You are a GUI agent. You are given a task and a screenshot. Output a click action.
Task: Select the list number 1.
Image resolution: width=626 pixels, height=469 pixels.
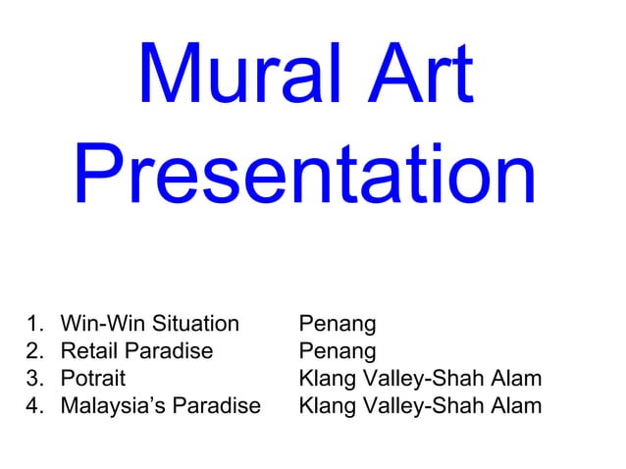coord(35,324)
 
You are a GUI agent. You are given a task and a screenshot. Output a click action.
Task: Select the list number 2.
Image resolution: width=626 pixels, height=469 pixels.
coord(35,351)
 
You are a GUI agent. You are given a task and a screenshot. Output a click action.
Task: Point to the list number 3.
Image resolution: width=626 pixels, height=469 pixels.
coord(35,378)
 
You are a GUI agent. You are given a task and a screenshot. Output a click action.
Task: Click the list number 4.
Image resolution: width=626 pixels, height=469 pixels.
coord(35,405)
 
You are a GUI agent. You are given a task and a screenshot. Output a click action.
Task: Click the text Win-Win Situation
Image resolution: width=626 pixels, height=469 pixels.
coord(149,324)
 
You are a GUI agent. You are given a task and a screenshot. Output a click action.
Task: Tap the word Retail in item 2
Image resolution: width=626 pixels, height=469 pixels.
coord(86,351)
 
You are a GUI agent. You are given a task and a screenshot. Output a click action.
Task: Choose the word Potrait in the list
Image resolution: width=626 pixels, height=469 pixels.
coord(92,378)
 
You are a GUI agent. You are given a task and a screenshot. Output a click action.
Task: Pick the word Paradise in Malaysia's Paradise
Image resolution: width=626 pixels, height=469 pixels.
coord(217,405)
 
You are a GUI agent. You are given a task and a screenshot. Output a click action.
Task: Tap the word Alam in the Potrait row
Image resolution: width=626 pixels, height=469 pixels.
coord(514,378)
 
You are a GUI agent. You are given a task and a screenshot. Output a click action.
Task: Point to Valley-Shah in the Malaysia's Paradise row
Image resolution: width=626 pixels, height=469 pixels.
coord(422,405)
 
